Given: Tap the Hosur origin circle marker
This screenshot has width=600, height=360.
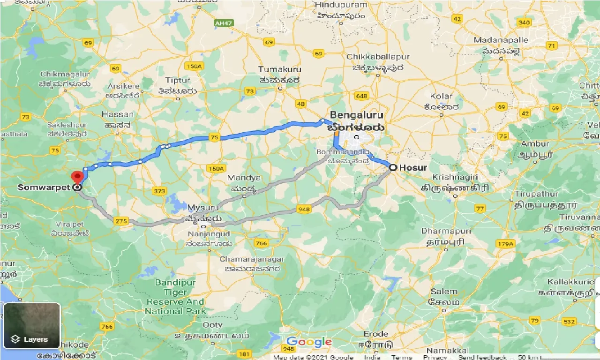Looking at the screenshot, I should tap(392, 167).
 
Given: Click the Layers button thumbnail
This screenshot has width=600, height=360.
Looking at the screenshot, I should tap(32, 326).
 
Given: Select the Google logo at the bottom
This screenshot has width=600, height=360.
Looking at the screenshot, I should tap(309, 342).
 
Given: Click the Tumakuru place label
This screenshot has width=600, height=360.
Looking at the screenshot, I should tap(279, 69).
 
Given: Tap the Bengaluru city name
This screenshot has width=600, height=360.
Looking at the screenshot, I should tap(356, 115).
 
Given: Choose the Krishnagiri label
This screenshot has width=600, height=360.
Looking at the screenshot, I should tap(455, 177).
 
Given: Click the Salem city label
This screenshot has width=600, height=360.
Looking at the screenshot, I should tap(443, 292).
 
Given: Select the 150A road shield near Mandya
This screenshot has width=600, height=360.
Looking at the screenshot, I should tap(216, 168).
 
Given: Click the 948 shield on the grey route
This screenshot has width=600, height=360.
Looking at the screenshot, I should tap(303, 210).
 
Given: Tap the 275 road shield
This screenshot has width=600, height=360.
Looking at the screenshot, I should tap(120, 221).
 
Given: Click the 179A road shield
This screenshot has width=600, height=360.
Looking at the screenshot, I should tap(505, 244).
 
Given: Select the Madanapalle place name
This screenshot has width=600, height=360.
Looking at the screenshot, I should tap(501, 40).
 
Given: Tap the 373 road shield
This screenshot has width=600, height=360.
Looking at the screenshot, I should tap(159, 191).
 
